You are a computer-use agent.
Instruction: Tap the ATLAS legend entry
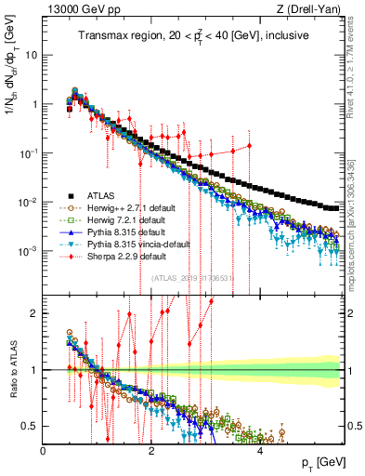(93, 197)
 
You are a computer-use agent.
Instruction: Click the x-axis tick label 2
(152, 450)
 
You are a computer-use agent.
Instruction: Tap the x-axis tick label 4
(260, 450)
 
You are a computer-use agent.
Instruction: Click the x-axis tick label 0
(44, 450)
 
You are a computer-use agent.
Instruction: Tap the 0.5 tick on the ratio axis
(32, 426)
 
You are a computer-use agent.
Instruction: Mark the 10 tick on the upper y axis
(32, 54)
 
